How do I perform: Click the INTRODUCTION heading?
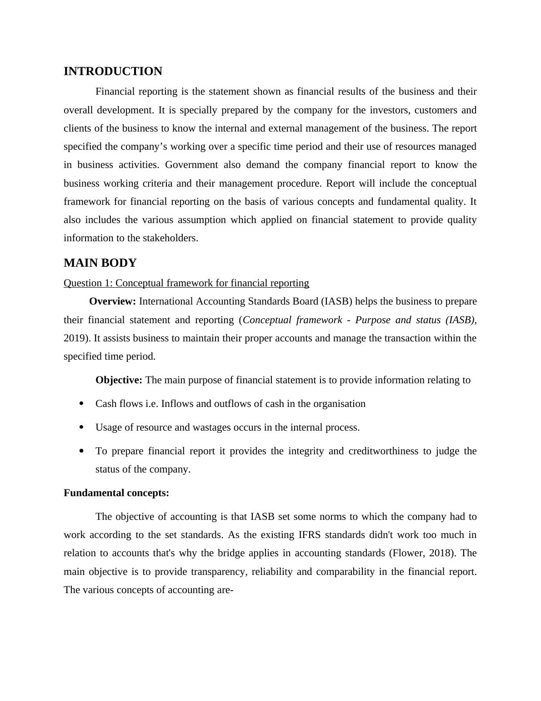click(113, 71)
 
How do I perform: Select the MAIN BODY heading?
click(100, 263)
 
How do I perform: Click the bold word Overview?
click(112, 301)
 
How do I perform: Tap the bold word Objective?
click(119, 380)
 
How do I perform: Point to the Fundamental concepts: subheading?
click(116, 493)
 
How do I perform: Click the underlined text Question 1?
click(88, 283)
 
